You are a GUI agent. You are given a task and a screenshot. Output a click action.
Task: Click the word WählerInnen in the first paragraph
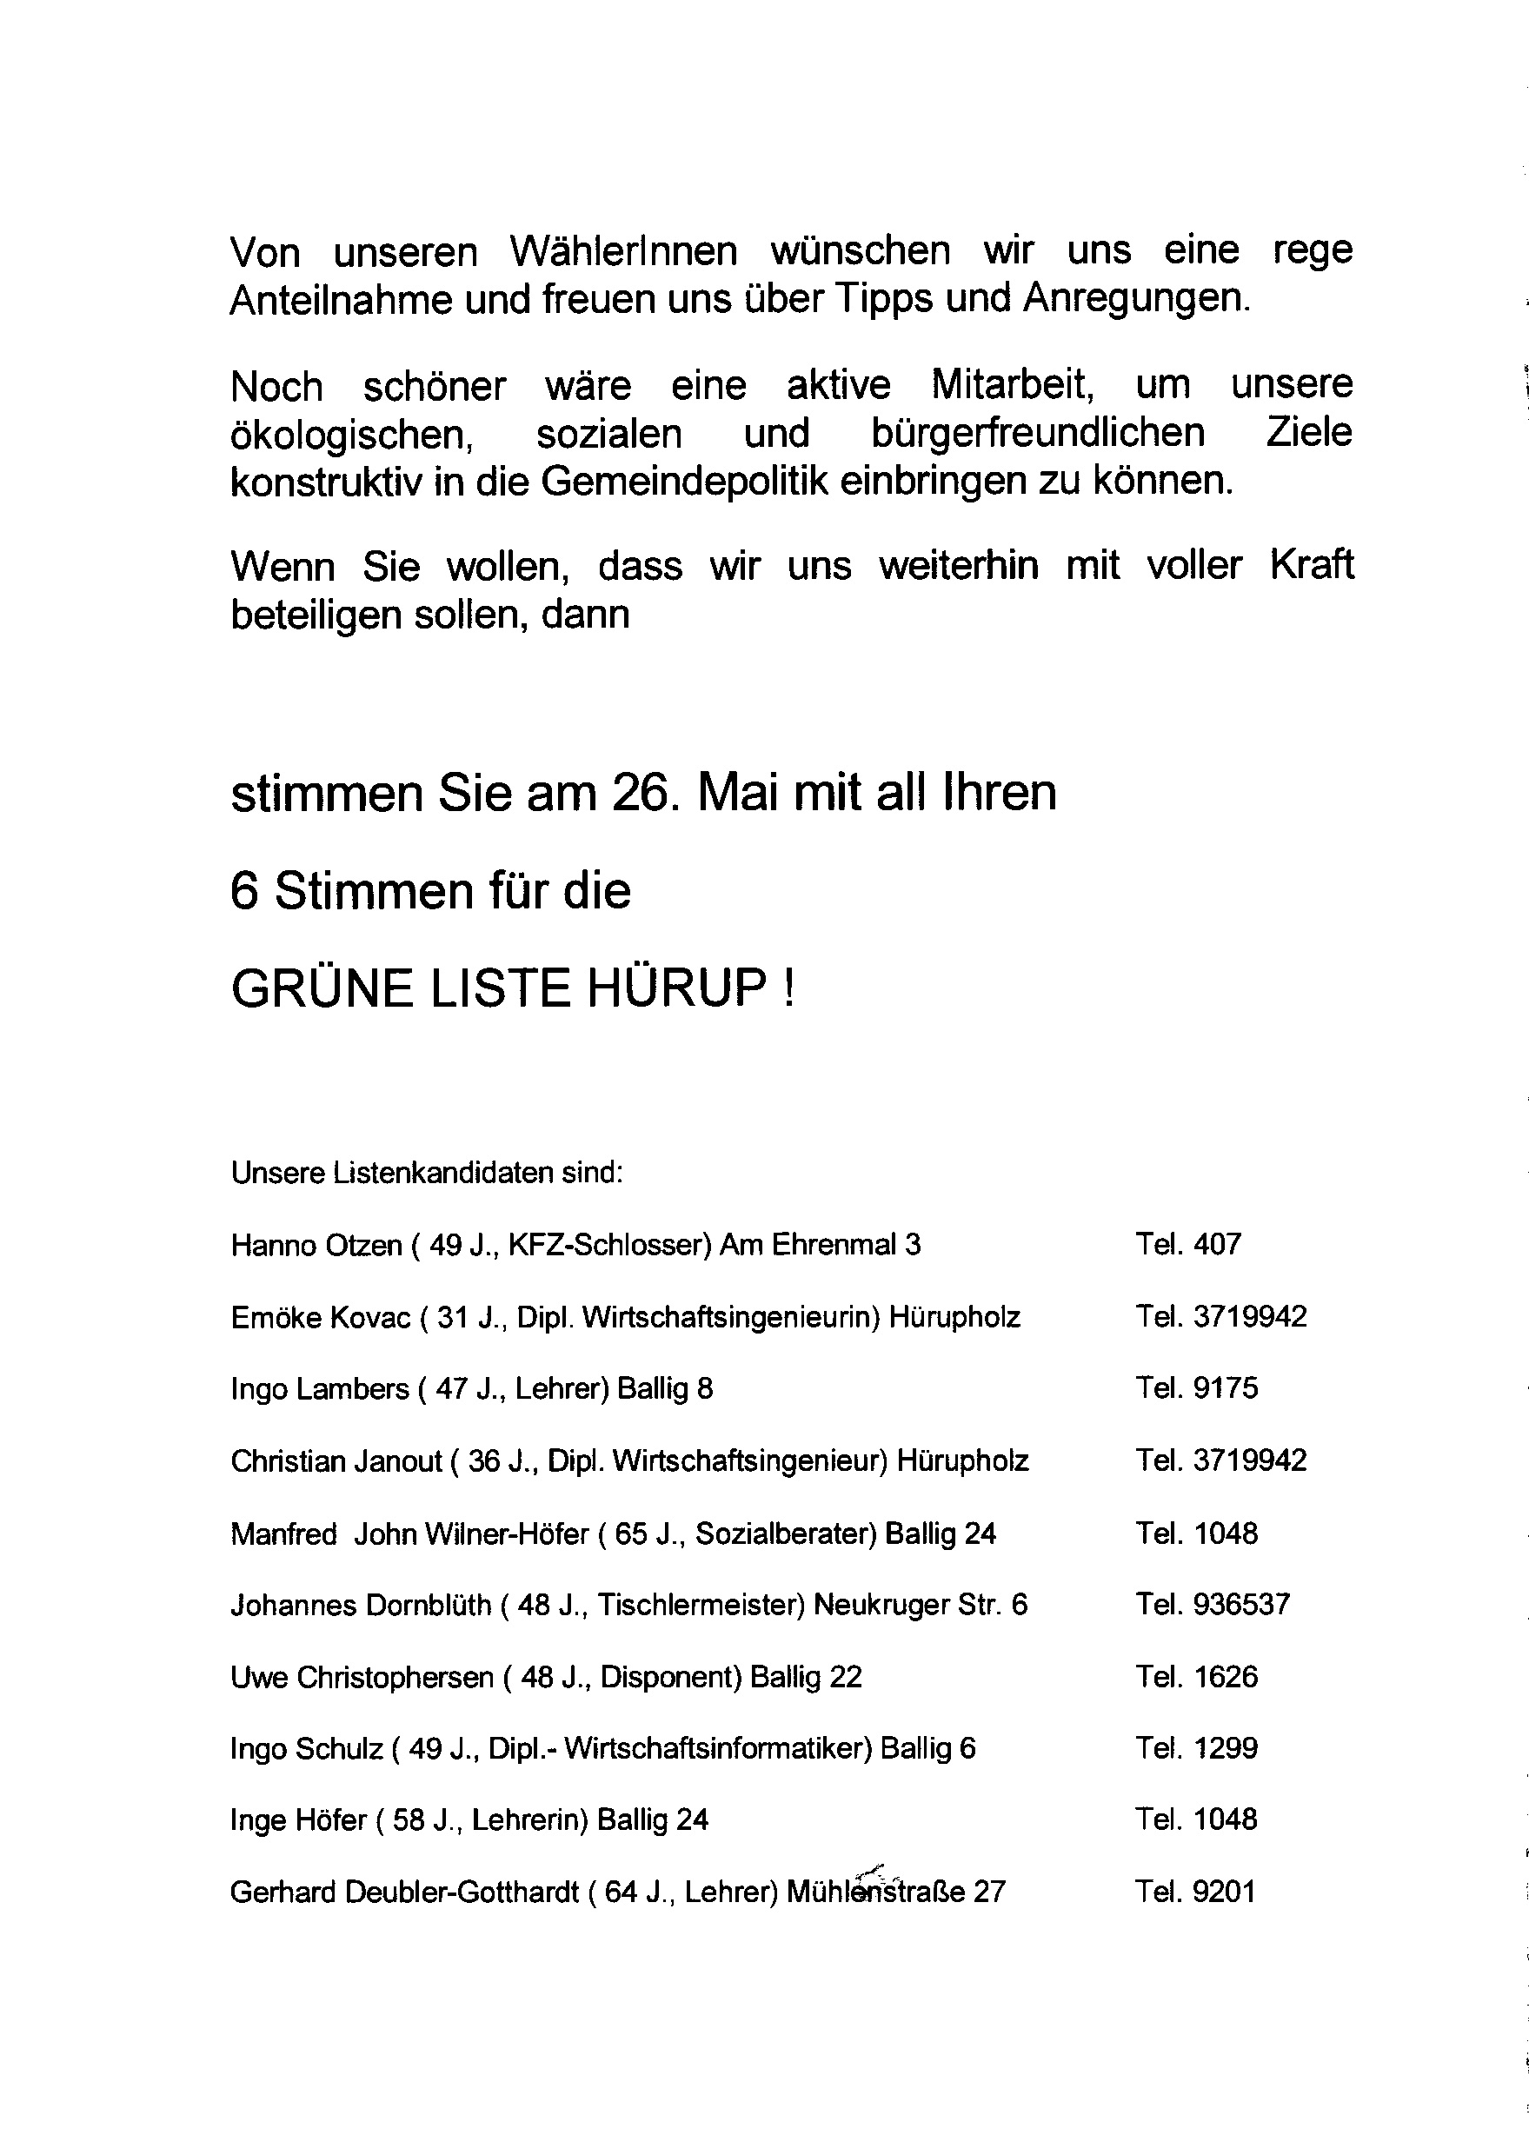623,251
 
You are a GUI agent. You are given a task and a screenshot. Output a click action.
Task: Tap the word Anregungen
1136,299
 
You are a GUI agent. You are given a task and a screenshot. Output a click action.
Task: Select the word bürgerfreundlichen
1038,434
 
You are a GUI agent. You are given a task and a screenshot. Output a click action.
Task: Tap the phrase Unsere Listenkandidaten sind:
427,1174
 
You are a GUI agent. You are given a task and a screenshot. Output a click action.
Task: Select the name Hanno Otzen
316,1246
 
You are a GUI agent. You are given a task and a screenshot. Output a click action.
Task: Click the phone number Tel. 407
1188,1245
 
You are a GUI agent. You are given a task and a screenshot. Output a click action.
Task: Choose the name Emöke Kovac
321,1317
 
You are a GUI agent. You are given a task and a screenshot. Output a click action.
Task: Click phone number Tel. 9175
1197,1389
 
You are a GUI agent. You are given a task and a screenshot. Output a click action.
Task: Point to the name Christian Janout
336,1461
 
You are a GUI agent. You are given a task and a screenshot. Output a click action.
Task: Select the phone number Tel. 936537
1213,1605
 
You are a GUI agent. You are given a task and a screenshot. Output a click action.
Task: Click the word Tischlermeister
701,1606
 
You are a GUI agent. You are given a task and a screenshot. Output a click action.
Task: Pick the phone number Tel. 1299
1197,1748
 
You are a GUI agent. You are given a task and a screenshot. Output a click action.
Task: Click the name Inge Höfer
297,1820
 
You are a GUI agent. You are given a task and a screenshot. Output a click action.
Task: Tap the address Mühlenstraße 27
895,1893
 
